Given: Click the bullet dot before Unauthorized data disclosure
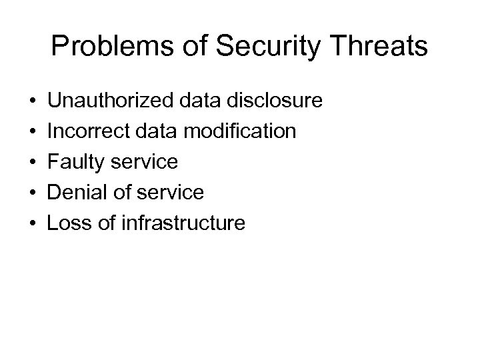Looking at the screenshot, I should click(x=33, y=102).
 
